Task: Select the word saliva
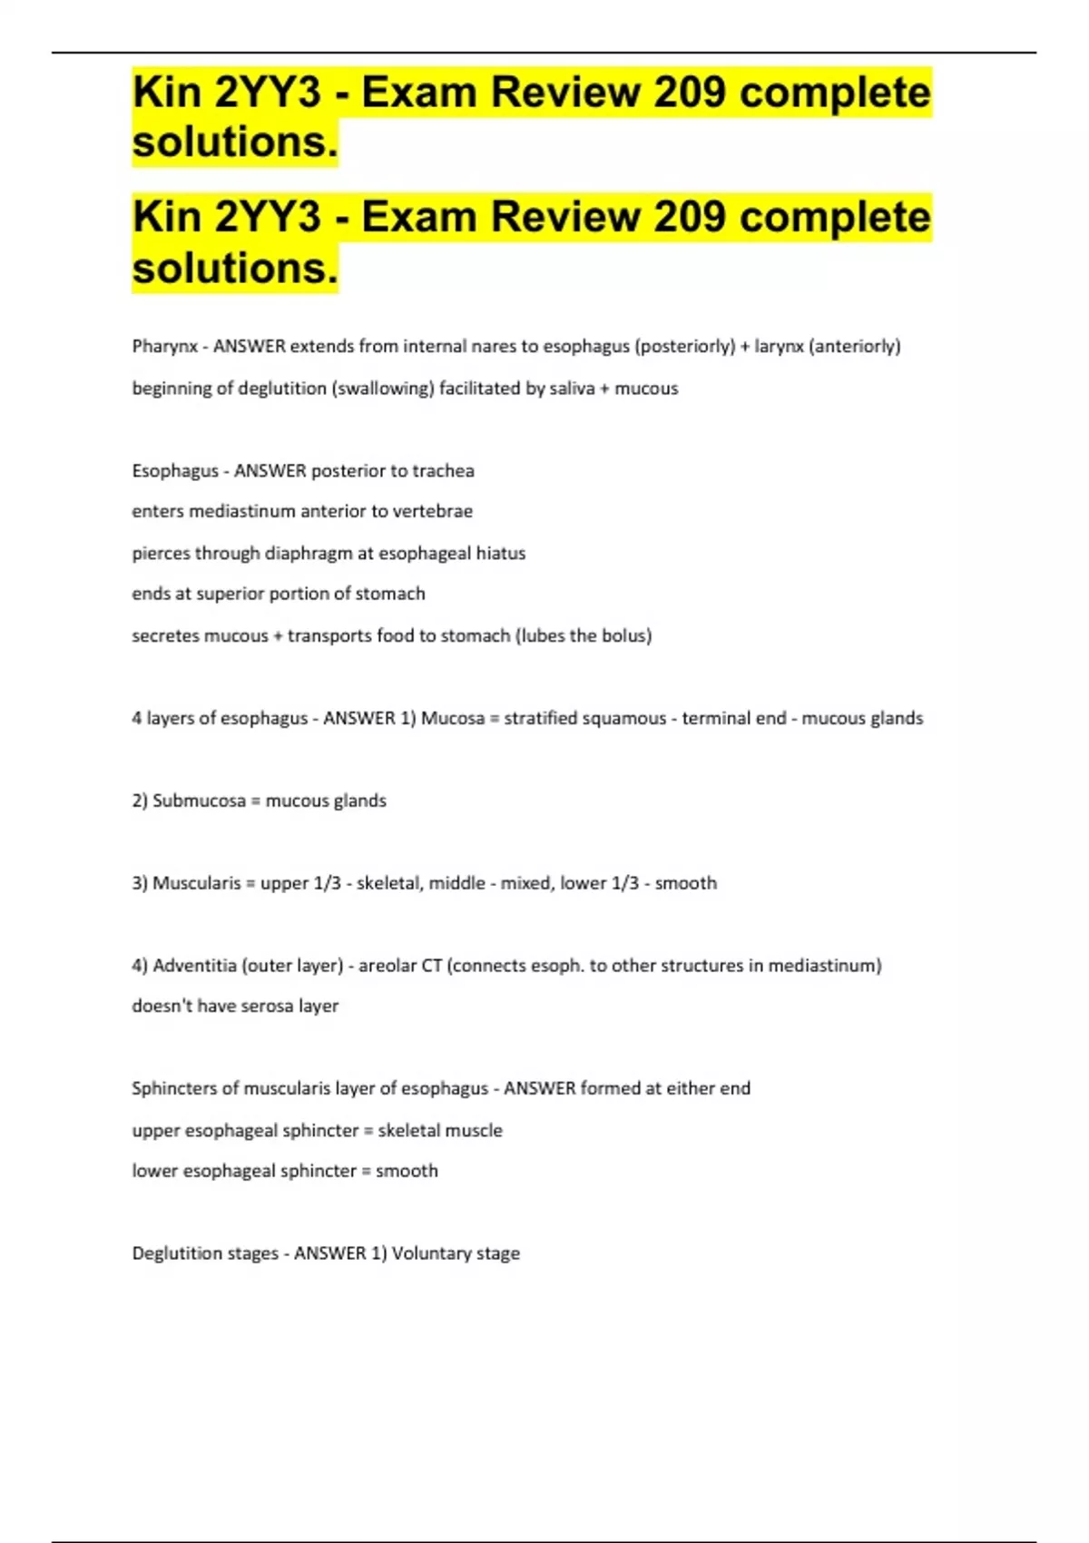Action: tap(572, 388)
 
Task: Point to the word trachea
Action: tap(443, 471)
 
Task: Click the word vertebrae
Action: tap(431, 511)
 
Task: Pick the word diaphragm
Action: tap(309, 554)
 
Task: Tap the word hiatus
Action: tap(501, 554)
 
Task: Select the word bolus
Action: tap(625, 635)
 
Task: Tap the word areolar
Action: tap(387, 966)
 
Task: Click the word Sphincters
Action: tap(176, 1088)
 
